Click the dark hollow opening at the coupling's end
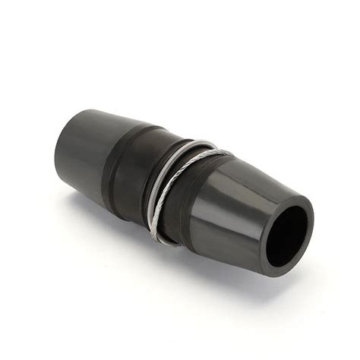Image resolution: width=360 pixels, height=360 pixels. click(287, 235)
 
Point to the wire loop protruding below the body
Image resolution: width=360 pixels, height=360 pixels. click(162, 238)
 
